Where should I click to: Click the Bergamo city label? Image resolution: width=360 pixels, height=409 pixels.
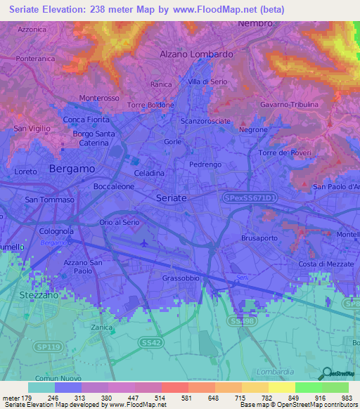[x=72, y=169]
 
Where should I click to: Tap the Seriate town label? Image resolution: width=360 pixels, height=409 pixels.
[x=171, y=198]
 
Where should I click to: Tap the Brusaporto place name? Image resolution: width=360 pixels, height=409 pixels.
[x=259, y=238]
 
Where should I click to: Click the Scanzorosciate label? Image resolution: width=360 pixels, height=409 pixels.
[x=205, y=121]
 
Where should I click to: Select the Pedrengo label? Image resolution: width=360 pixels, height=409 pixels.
[x=205, y=164]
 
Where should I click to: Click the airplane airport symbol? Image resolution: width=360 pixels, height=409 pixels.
[x=145, y=243]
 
